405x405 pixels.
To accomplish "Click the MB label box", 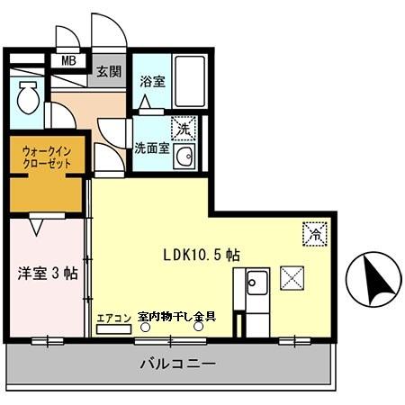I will click(x=67, y=61).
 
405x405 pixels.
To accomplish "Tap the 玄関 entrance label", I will click(x=109, y=72).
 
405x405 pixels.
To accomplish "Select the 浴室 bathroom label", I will click(x=150, y=82).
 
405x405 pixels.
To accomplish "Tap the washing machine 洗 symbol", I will click(x=184, y=128).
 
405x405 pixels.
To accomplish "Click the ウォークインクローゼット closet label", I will click(x=47, y=159).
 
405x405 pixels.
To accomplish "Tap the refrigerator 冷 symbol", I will click(x=314, y=231).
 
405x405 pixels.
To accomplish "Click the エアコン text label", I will click(x=114, y=317).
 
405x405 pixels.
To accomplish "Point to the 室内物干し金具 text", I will click(x=176, y=316).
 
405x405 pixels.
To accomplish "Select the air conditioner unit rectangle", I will click(x=114, y=328).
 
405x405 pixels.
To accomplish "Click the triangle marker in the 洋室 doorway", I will click(x=36, y=226).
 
